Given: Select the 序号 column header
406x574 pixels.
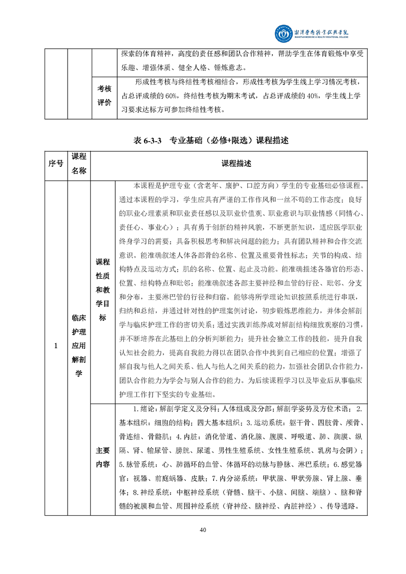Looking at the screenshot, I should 56,163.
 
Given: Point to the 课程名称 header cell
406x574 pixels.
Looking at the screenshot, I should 79,163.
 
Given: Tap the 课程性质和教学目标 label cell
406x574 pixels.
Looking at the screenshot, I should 102,290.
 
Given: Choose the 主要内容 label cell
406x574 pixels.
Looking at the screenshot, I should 102,457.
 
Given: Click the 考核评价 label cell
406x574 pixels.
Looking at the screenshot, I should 104,95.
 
